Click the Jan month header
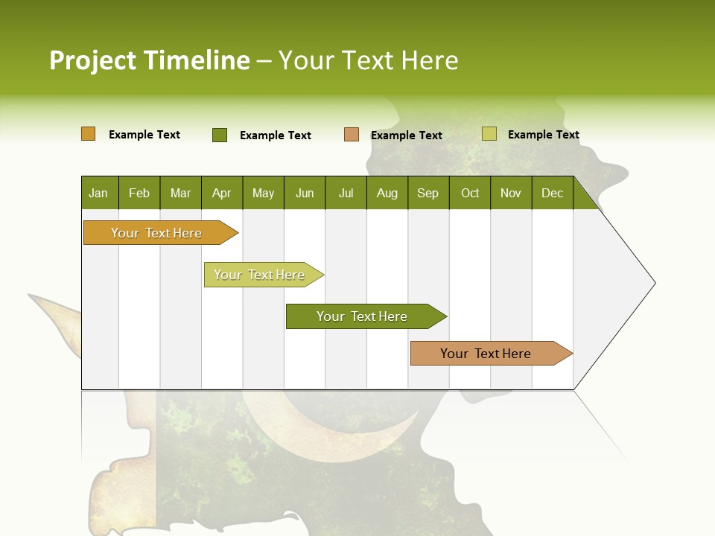tap(98, 193)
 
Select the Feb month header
tap(139, 193)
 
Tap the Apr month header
tap(221, 193)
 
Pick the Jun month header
tap(305, 193)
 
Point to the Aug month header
tap(387, 193)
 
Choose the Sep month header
tap(428, 193)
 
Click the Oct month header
tap(470, 193)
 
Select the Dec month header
tap(552, 193)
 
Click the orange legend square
tap(89, 134)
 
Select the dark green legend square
tap(220, 135)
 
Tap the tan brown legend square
tap(352, 135)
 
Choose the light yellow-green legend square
tap(489, 134)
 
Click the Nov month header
tap(511, 193)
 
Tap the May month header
tap(263, 193)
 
